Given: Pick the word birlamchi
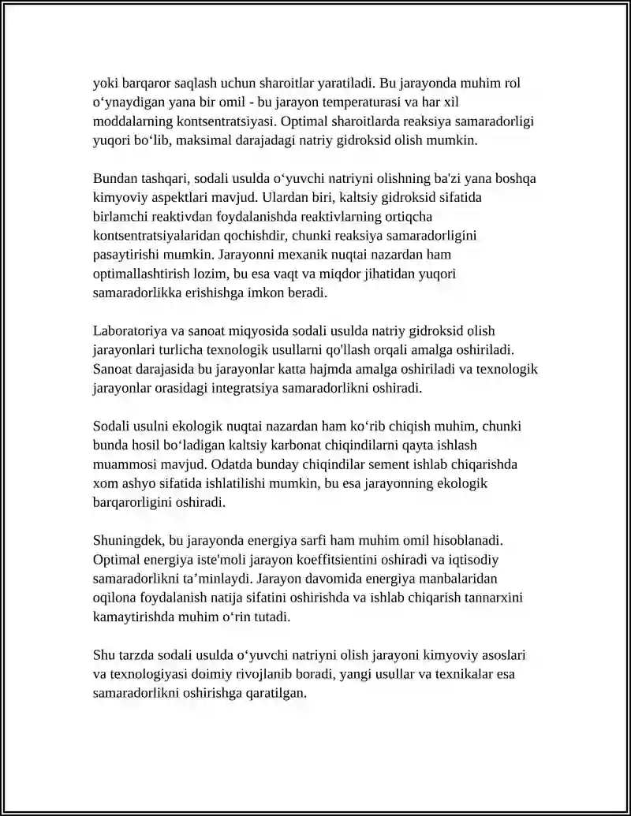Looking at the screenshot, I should pos(119,217).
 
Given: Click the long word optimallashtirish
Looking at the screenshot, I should pos(145,274).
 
